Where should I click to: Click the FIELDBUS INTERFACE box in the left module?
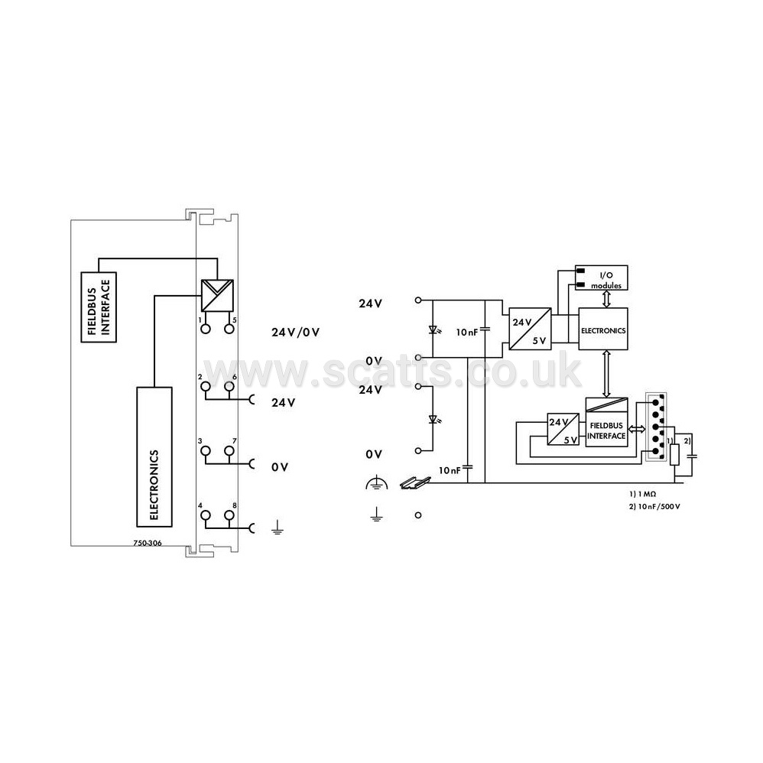pyautogui.click(x=99, y=307)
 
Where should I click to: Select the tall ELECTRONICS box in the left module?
pyautogui.click(x=154, y=457)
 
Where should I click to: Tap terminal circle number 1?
pyautogui.click(x=206, y=329)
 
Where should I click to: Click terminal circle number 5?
pyautogui.click(x=229, y=329)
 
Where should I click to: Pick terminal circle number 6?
pyautogui.click(x=229, y=386)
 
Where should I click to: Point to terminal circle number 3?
pyautogui.click(x=206, y=450)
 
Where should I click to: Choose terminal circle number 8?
pyautogui.click(x=229, y=515)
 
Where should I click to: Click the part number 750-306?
pyautogui.click(x=148, y=543)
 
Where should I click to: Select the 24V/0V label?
pyautogui.click(x=295, y=333)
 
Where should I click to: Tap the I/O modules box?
pyautogui.click(x=602, y=278)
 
